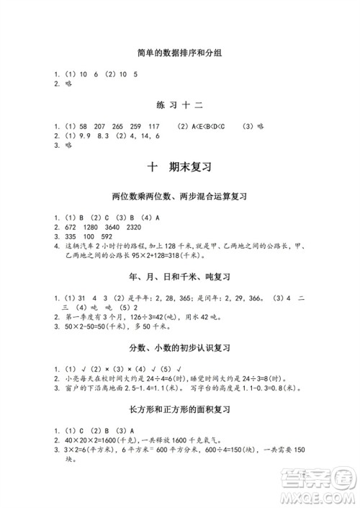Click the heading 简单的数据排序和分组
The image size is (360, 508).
click(x=180, y=53)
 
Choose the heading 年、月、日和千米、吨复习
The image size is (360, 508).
click(x=180, y=277)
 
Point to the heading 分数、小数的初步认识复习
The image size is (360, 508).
click(x=180, y=347)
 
